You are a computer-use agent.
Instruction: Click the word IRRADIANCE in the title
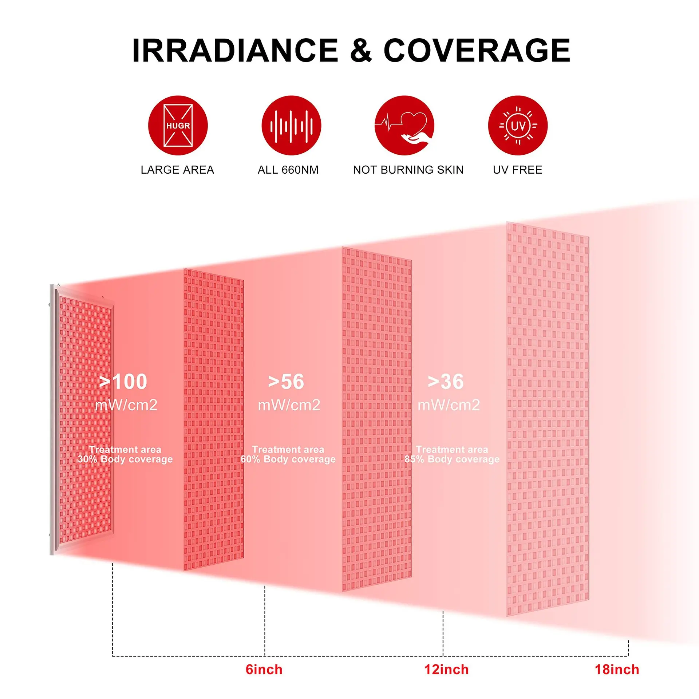pyautogui.click(x=235, y=51)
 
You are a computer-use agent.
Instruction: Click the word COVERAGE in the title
pyautogui.click(x=477, y=51)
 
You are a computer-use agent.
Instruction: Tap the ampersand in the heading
pyautogui.click(x=361, y=51)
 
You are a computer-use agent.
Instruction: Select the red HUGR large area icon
pyautogui.click(x=178, y=126)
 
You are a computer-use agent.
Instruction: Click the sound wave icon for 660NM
pyautogui.click(x=291, y=126)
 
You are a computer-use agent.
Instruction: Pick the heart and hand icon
pyautogui.click(x=404, y=126)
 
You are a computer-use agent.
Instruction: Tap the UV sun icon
pyautogui.click(x=518, y=126)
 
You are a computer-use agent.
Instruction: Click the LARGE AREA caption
pyautogui.click(x=177, y=170)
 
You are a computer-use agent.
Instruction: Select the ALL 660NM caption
pyautogui.click(x=288, y=170)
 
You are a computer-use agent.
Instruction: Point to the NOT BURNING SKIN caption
pyautogui.click(x=408, y=170)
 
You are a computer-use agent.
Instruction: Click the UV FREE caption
pyautogui.click(x=518, y=170)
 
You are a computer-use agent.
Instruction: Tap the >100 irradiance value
pyautogui.click(x=123, y=382)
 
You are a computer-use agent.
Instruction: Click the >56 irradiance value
pyautogui.click(x=286, y=382)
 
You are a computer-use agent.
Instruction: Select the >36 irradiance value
pyautogui.click(x=446, y=382)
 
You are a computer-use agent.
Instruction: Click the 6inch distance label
pyautogui.click(x=264, y=670)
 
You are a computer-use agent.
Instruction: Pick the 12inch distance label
pyautogui.click(x=446, y=670)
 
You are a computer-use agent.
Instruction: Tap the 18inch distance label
pyautogui.click(x=617, y=670)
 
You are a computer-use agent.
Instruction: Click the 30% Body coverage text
pyautogui.click(x=125, y=459)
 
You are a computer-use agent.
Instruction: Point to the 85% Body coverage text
pyautogui.click(x=452, y=459)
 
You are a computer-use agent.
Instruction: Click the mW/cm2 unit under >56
pyautogui.click(x=289, y=405)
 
